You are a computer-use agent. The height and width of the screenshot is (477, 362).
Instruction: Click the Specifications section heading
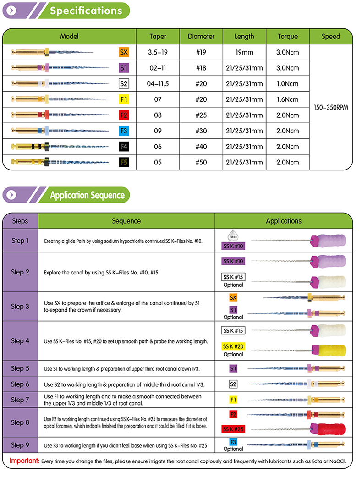[x=86, y=11]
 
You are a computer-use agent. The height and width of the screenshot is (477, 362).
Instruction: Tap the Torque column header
[x=287, y=36]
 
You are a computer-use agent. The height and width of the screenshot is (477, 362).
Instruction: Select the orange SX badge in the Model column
[x=124, y=52]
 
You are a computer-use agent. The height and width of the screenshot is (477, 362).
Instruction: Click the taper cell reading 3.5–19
[x=158, y=52]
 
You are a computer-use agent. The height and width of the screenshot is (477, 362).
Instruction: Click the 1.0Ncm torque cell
[x=287, y=83]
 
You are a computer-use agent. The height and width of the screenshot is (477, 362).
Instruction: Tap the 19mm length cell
[x=244, y=52]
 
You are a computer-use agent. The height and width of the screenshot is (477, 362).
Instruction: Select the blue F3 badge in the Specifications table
[x=124, y=131]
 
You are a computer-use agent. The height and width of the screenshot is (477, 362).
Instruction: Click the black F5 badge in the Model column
[x=124, y=162]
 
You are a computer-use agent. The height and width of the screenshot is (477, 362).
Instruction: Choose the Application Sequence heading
[x=87, y=195]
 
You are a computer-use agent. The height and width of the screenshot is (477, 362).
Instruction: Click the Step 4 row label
[x=20, y=341]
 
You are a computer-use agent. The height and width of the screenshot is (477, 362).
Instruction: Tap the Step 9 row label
[x=20, y=445]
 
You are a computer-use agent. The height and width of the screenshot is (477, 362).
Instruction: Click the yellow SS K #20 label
[x=233, y=346]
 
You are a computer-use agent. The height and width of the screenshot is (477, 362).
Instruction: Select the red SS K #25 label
[x=233, y=429]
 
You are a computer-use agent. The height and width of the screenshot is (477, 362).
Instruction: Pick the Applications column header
[x=284, y=221]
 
